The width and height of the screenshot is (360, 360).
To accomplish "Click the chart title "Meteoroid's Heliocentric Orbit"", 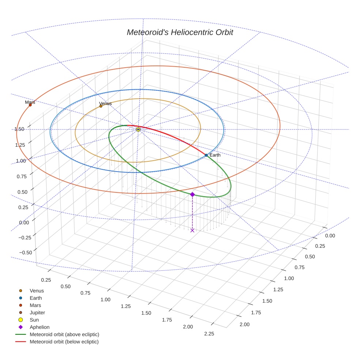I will [180, 33].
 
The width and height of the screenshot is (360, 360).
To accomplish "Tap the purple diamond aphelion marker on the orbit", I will [192, 195].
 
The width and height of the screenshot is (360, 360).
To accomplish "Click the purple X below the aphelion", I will [192, 230].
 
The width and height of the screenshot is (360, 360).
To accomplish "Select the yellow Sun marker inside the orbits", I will [138, 130].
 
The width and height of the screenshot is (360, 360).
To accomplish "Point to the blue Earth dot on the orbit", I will [206, 155].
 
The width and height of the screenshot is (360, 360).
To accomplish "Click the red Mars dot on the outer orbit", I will [30, 105].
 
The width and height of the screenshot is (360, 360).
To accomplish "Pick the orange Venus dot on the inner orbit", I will [101, 106].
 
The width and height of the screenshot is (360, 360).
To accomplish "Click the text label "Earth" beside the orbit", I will [215, 155].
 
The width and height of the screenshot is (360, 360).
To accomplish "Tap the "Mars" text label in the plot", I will [30, 102].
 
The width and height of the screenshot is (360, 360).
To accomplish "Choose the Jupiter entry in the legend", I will [37, 312].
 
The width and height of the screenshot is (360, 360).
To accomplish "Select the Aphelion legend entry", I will [40, 327].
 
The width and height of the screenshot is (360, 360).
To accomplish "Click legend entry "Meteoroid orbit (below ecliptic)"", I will [64, 342].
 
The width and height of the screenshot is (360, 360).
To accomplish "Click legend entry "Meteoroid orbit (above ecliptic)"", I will [64, 334].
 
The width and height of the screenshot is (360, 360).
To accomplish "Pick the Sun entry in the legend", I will [34, 320].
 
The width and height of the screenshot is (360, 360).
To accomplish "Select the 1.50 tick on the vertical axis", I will [19, 129].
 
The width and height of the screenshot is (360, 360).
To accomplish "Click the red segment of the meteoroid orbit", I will [172, 138].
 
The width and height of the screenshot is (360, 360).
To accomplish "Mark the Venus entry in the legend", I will [37, 291].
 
